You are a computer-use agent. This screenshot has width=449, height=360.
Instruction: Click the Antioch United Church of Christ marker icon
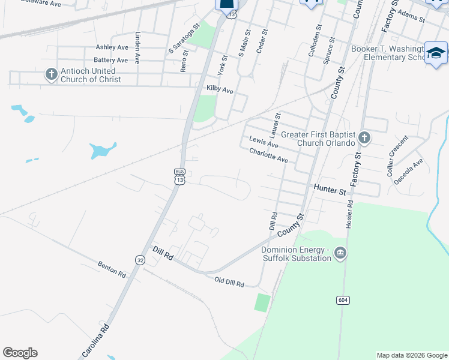point(52,74)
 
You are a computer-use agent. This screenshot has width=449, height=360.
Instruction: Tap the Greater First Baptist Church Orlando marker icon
point(364,139)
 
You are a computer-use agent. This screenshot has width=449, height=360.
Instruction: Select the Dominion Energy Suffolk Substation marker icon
point(341,253)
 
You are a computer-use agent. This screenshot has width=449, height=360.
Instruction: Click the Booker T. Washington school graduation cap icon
point(436,53)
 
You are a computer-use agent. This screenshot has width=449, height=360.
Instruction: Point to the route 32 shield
point(139,260)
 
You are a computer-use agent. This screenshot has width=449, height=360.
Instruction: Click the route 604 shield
point(342,299)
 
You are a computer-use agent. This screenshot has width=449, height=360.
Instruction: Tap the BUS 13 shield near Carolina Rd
point(179,176)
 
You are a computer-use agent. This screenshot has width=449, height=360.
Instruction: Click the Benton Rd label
point(113,270)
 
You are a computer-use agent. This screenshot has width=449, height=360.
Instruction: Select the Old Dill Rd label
point(229,283)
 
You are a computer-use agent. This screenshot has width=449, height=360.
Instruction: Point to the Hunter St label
point(330,190)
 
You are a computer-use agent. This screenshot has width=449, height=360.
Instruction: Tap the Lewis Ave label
point(264,142)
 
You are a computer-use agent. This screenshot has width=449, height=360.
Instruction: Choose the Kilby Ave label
point(219,89)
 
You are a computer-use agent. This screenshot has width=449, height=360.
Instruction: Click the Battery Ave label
point(110,60)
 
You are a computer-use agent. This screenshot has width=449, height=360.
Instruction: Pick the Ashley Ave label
point(112,47)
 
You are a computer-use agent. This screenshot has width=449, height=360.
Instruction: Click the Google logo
point(20,353)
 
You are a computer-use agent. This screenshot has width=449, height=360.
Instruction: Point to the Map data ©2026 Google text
point(411,355)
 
